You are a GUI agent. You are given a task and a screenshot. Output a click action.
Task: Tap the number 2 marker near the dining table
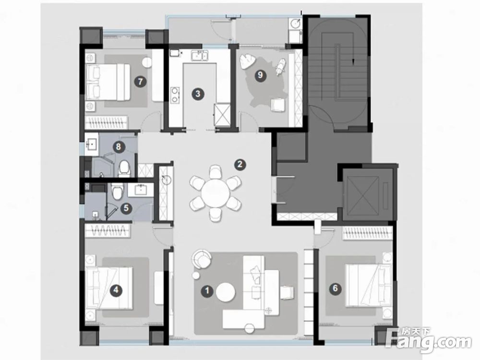[240, 165]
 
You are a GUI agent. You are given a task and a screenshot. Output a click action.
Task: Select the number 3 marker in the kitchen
[198, 94]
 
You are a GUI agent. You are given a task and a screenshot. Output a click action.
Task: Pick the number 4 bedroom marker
[116, 289]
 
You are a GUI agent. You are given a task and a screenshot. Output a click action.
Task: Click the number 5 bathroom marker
[126, 209]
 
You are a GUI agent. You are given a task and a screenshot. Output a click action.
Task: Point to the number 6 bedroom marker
[335, 288]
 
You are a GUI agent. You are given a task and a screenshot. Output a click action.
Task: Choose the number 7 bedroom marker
[141, 82]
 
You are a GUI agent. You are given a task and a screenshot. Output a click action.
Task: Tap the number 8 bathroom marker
[119, 147]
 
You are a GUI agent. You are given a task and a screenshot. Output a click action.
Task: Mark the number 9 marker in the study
[260, 75]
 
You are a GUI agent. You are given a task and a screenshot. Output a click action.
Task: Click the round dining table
[215, 193]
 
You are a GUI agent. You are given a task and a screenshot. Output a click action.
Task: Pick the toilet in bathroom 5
[117, 191]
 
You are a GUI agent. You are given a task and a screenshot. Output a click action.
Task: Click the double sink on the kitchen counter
[200, 56]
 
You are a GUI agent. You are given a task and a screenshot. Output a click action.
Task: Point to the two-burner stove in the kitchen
[175, 95]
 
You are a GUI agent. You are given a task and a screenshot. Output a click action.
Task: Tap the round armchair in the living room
[202, 259]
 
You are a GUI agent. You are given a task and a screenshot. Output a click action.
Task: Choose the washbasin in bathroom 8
[92, 143]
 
